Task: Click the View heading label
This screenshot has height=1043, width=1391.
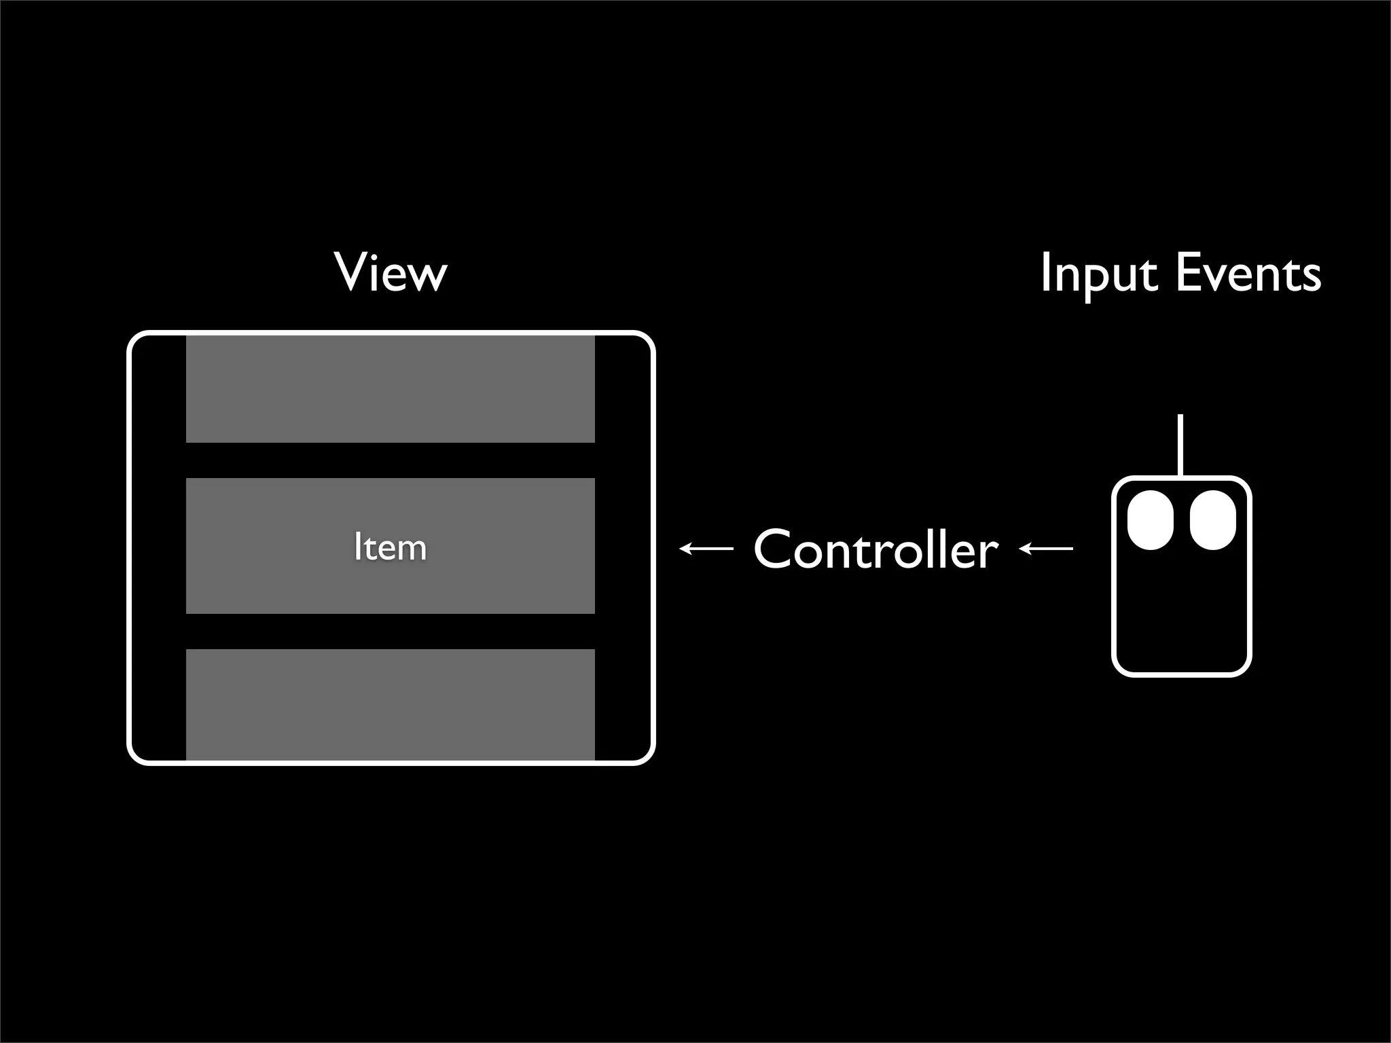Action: click(391, 273)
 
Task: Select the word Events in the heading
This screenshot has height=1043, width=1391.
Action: click(1248, 273)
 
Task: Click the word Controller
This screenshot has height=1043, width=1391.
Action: click(876, 549)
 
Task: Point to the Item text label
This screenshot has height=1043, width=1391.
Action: click(391, 547)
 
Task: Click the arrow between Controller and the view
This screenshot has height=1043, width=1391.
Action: click(706, 548)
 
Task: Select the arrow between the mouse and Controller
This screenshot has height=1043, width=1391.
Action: click(1046, 548)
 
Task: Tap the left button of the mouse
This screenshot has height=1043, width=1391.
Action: click(1151, 519)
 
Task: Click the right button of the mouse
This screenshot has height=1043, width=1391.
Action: click(1212, 519)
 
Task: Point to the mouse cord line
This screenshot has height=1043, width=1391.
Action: click(1180, 445)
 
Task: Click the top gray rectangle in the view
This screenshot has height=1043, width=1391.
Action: click(391, 388)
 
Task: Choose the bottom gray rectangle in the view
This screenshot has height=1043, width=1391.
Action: click(391, 703)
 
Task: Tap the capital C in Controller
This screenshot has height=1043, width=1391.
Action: click(774, 549)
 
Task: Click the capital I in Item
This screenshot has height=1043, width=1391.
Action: click(357, 547)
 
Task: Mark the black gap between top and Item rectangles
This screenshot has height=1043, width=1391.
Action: click(391, 460)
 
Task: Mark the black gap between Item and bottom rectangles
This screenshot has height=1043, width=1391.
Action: click(391, 632)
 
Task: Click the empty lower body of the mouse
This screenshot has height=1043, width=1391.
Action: click(1181, 618)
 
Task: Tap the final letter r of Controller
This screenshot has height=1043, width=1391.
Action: click(989, 554)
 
